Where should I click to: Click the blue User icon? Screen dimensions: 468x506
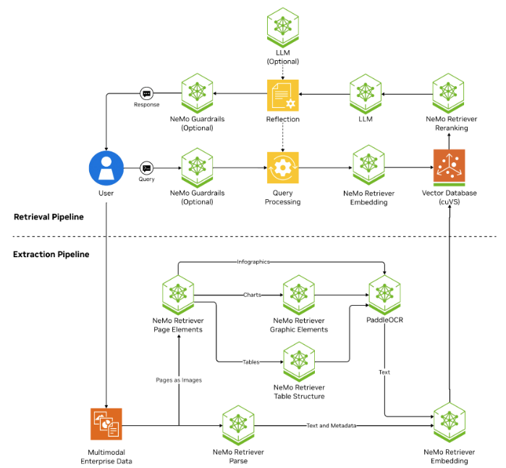point(106,168)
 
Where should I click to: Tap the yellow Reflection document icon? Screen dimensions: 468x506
point(282,95)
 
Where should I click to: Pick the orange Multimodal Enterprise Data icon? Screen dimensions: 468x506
point(106,425)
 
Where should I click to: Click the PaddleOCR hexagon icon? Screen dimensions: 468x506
point(384,294)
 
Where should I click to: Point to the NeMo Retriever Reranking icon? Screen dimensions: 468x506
point(449,94)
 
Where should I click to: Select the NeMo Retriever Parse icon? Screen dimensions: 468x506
point(238,425)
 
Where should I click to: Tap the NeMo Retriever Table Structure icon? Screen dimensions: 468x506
point(298,361)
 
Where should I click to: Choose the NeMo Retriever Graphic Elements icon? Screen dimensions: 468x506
point(298,294)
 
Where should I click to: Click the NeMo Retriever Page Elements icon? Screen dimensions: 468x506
point(178,294)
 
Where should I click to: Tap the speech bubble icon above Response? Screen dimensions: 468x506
point(146,94)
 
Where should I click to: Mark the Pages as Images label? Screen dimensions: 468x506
point(178,380)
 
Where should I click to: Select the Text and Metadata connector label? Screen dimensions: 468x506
point(331,425)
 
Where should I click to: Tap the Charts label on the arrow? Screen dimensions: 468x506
point(252,295)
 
